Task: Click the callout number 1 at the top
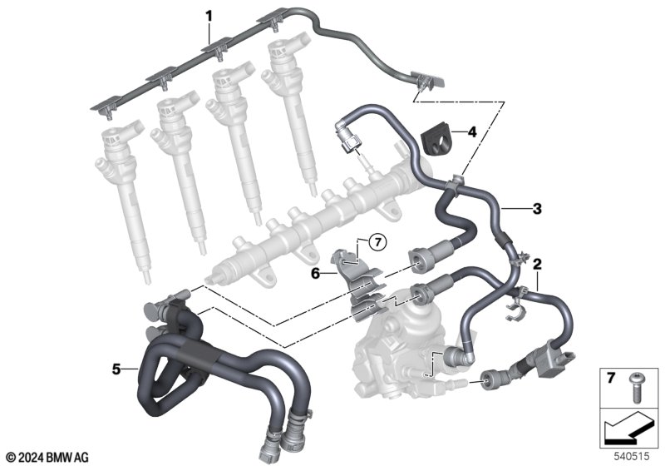(209, 17)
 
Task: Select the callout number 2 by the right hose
(537, 265)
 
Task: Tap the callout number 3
(537, 209)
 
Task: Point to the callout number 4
(471, 132)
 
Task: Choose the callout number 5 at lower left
(116, 369)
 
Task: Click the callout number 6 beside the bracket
(315, 274)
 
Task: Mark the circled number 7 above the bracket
(378, 242)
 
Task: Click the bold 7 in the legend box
(611, 378)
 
